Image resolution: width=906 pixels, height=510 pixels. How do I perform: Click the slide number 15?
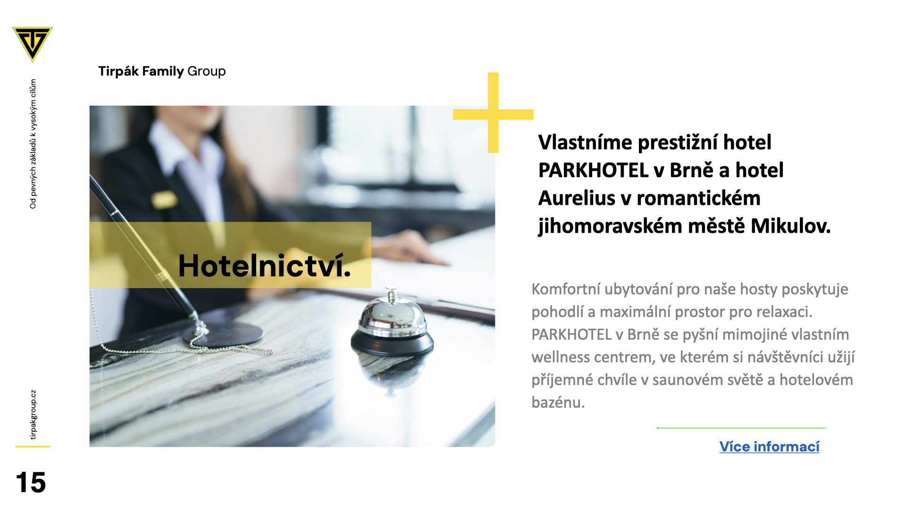31,483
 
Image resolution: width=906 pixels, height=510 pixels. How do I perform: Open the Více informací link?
769,447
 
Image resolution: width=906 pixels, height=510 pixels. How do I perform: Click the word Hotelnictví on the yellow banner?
265,265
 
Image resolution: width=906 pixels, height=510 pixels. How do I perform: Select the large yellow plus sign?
493,113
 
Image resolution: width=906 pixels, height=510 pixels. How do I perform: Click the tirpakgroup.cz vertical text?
33,415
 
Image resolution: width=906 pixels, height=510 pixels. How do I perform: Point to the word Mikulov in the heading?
790,226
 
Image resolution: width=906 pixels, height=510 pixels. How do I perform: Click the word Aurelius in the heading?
577,198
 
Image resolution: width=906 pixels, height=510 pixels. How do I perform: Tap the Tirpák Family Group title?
162,71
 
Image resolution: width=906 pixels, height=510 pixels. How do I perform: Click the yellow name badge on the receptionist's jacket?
164,199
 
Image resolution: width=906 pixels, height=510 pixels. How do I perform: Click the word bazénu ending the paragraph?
558,403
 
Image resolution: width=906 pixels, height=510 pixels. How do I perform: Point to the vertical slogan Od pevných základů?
33,144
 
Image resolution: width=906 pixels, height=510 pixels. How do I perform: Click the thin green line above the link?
741,428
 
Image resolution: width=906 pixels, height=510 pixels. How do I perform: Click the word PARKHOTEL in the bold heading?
593,170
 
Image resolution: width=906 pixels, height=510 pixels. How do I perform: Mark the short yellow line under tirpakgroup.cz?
33,446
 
